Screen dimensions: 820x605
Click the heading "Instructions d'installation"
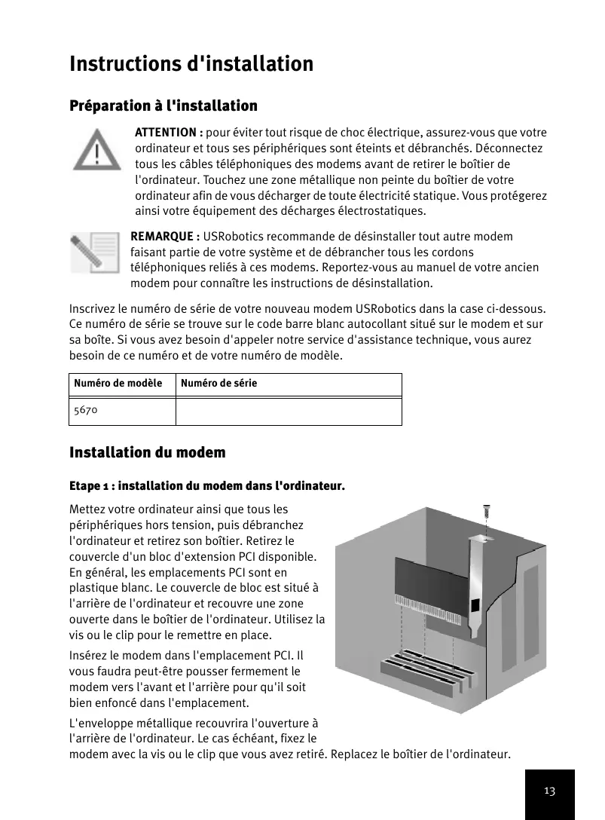pyautogui.click(x=191, y=64)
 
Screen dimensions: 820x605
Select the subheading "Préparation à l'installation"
pyautogui.click(x=163, y=106)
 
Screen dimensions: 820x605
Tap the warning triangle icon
pyautogui.click(x=99, y=150)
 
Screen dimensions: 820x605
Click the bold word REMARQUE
pyautogui.click(x=165, y=237)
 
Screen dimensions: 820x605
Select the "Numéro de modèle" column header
pyautogui.click(x=118, y=384)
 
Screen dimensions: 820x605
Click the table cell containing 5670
pyautogui.click(x=122, y=412)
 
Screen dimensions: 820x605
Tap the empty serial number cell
pyautogui.click(x=289, y=412)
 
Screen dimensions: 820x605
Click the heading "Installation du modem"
pyautogui.click(x=148, y=453)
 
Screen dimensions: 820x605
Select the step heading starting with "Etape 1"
pyautogui.click(x=207, y=486)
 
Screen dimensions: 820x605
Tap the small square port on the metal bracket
pyautogui.click(x=475, y=606)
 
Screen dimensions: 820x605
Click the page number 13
pyautogui.click(x=549, y=791)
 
